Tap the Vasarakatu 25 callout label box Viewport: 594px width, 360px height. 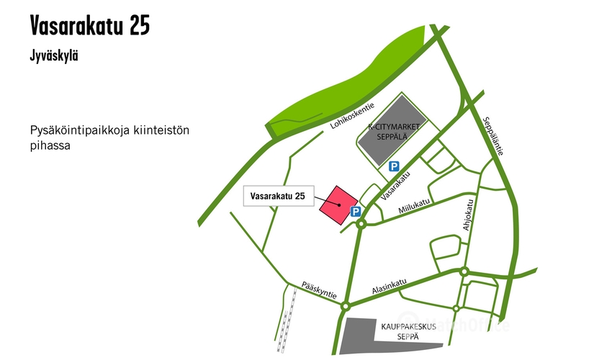(x=276, y=196)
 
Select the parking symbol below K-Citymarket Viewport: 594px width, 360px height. (x=394, y=166)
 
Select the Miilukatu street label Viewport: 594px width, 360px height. (x=414, y=207)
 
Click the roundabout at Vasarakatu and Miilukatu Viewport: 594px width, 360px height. (x=361, y=224)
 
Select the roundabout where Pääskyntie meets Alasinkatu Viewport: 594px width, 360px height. (x=346, y=305)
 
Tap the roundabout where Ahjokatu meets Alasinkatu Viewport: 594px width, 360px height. (x=464, y=272)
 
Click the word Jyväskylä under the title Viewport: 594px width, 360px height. (x=54, y=56)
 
